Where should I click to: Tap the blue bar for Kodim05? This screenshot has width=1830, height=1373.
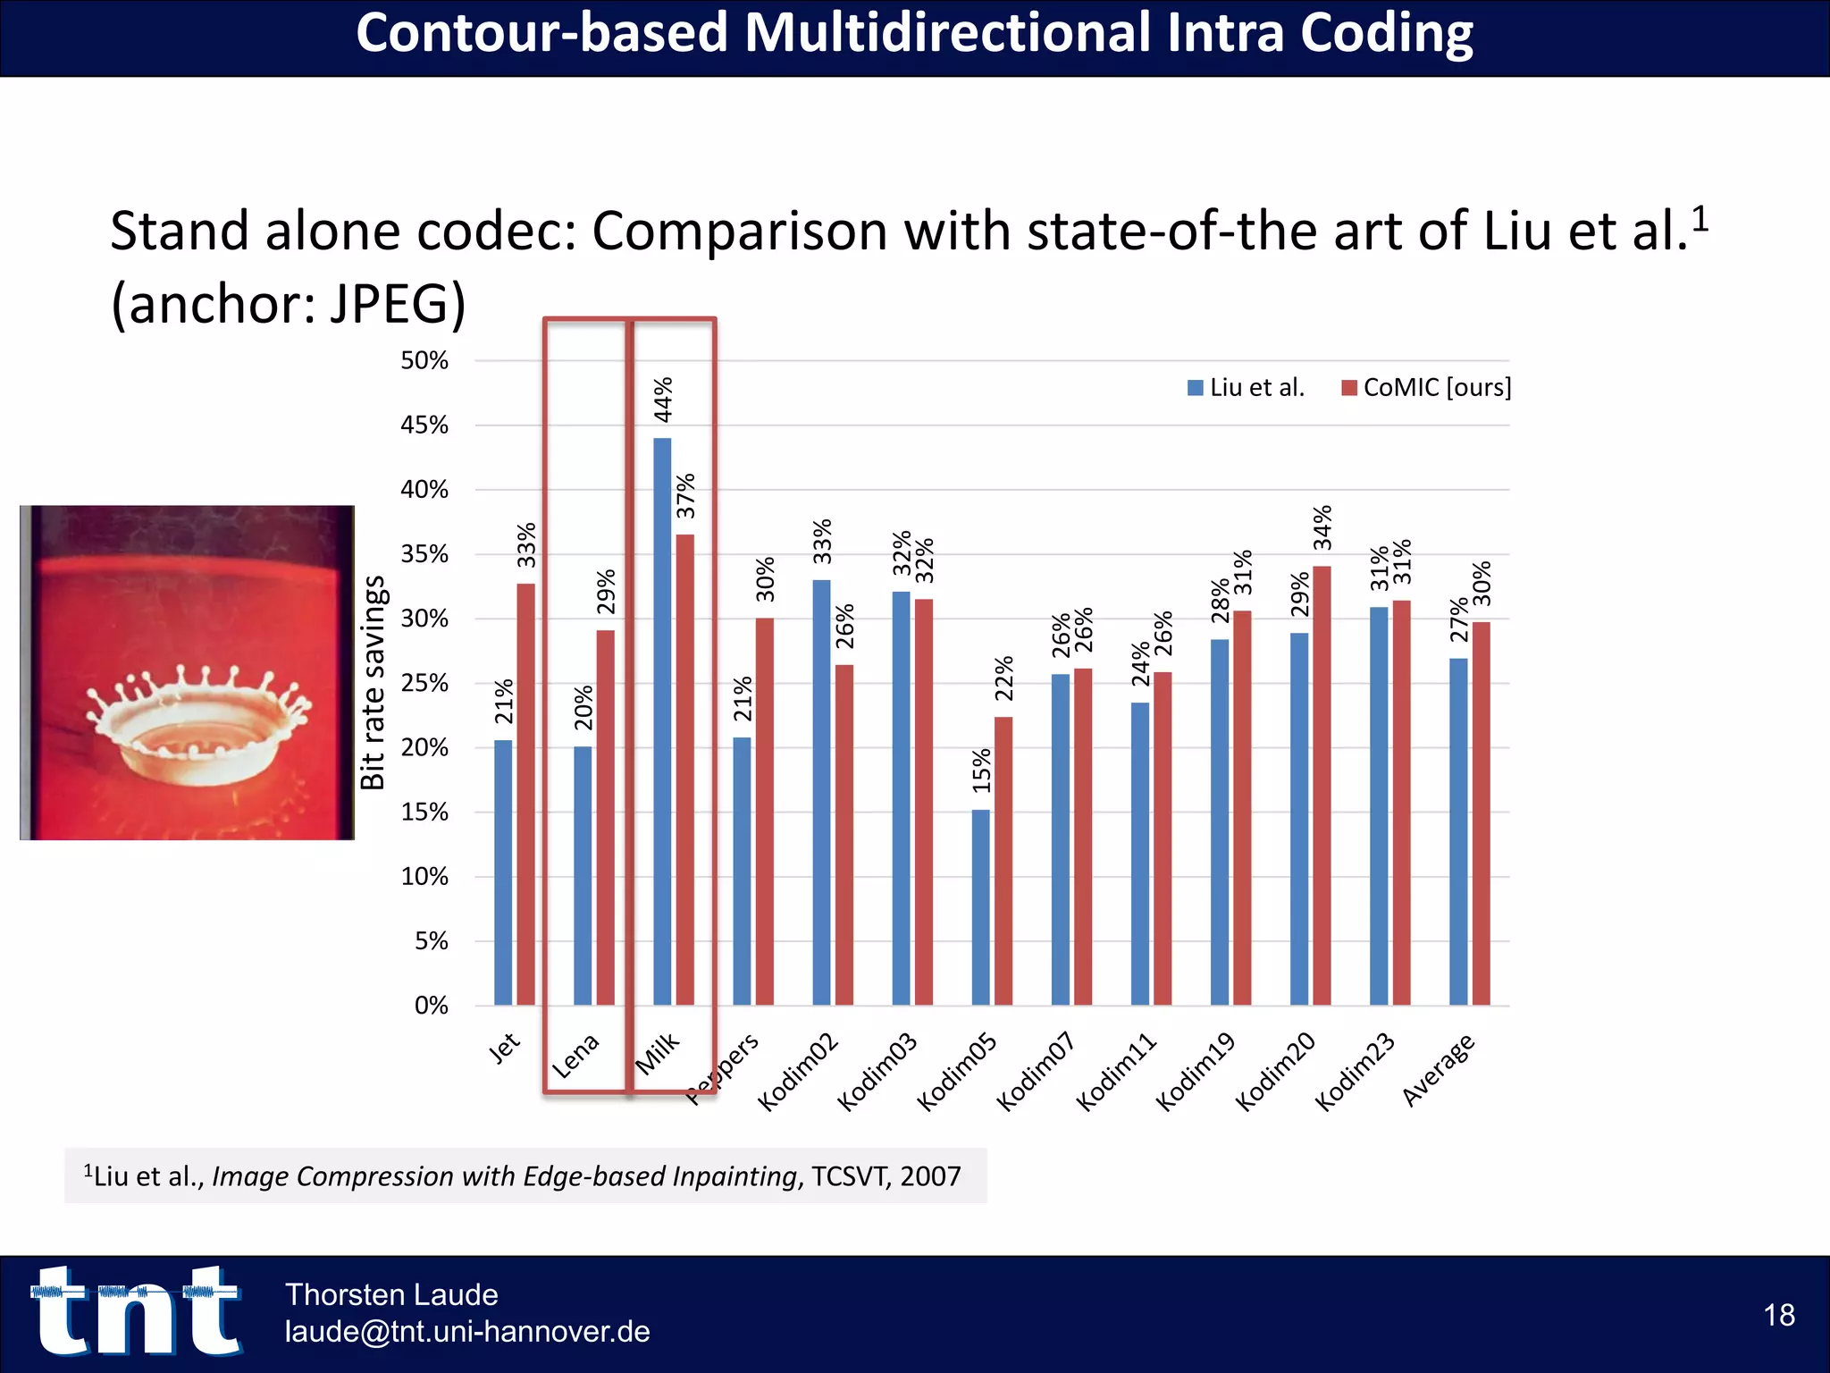980,906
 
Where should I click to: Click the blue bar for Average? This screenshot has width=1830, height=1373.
1458,831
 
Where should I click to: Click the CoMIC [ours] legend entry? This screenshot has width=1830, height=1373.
1427,388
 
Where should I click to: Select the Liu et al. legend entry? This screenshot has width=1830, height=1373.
1247,388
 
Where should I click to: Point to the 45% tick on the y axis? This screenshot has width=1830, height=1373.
424,425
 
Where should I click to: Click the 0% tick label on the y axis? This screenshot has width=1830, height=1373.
431,1006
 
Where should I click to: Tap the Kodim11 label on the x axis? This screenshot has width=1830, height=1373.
1116,1072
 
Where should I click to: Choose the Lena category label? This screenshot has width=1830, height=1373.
575,1056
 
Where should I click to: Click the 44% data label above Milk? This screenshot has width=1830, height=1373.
663,399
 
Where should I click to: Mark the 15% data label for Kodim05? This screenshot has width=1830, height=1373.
981,770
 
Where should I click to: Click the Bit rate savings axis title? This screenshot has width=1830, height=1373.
373,683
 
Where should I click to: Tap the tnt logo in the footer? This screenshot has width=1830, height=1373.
136,1310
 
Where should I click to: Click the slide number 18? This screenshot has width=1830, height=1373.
1778,1315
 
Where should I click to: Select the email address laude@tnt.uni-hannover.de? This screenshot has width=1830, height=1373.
467,1332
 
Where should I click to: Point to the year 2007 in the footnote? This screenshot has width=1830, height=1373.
930,1176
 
